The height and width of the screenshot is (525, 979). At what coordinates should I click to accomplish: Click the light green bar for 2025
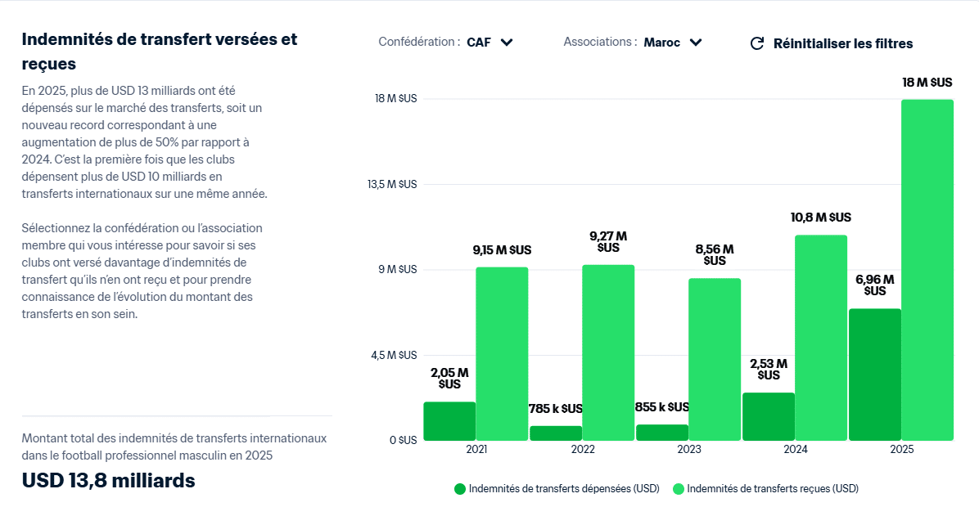click(927, 270)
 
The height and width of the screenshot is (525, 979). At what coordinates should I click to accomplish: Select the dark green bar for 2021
click(449, 421)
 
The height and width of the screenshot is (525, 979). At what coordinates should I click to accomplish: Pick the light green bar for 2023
click(715, 359)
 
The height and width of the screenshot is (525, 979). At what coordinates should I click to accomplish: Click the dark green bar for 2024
click(769, 416)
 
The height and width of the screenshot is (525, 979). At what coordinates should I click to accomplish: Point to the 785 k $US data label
click(556, 408)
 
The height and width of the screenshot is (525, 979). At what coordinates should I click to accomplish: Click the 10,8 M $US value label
click(821, 218)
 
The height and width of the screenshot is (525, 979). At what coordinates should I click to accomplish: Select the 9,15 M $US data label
click(502, 250)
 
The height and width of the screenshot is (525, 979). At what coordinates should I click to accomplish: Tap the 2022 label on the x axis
click(583, 450)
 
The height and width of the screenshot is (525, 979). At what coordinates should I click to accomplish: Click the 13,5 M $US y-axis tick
click(396, 184)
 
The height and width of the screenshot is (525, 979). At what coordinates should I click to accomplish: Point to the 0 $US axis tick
click(402, 440)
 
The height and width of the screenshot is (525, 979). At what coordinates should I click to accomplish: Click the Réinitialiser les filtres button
click(842, 43)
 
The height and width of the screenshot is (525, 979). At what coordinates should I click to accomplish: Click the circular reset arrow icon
click(757, 43)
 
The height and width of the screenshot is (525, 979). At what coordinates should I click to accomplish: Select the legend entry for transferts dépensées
click(557, 489)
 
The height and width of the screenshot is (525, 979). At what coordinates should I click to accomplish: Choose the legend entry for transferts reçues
click(765, 489)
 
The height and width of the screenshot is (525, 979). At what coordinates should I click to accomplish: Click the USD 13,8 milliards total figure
click(108, 481)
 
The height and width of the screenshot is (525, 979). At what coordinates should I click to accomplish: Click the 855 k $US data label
click(662, 407)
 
